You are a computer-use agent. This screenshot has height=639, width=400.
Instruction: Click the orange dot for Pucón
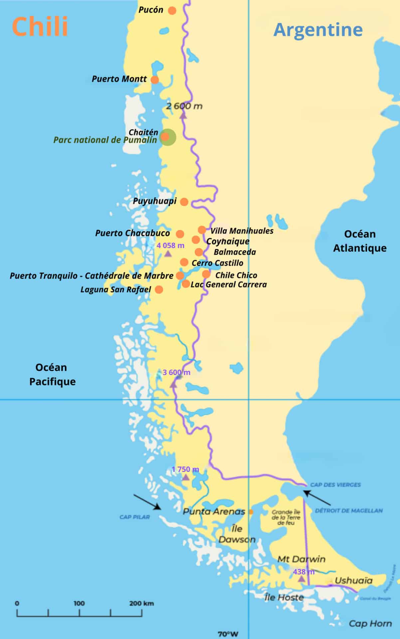(x=172, y=10)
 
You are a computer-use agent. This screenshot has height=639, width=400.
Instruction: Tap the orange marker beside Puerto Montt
(x=155, y=80)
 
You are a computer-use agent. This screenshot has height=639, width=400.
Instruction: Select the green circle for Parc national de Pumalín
(x=168, y=137)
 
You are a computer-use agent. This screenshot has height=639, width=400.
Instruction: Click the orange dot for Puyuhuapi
(x=184, y=201)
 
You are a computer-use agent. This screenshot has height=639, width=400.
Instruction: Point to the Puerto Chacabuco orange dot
(x=180, y=234)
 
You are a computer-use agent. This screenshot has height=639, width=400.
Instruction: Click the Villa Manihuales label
(x=242, y=231)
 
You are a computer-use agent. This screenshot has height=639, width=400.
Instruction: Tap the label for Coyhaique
(x=228, y=241)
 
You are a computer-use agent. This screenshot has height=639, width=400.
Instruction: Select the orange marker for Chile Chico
(x=206, y=274)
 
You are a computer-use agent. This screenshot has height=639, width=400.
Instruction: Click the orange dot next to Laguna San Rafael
(x=159, y=289)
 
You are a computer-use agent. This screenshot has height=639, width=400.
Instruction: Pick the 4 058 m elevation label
(x=170, y=246)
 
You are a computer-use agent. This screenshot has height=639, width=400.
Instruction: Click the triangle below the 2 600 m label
(x=183, y=115)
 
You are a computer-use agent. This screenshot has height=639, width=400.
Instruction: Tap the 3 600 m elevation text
(x=176, y=372)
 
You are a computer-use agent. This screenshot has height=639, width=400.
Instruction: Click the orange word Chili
(x=40, y=27)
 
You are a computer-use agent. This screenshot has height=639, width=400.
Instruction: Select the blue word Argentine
(x=318, y=30)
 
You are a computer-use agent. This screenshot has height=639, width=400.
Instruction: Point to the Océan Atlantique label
(x=360, y=241)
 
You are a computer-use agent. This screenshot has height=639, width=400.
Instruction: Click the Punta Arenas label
(x=214, y=512)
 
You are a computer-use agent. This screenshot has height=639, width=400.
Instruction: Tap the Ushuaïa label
(x=353, y=581)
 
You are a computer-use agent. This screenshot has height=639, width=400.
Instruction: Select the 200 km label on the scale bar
(x=141, y=603)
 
